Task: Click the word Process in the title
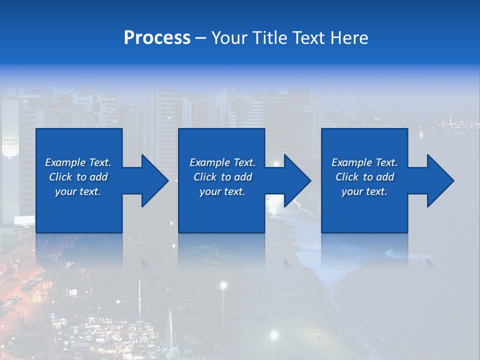(x=157, y=38)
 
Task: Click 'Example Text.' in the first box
(x=78, y=162)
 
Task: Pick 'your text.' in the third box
(x=364, y=191)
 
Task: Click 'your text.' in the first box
(x=78, y=191)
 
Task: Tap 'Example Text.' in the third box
(x=364, y=162)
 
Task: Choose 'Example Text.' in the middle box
(x=222, y=162)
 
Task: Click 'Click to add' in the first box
(x=78, y=177)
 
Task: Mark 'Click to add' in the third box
(x=364, y=177)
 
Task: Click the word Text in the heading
(x=309, y=38)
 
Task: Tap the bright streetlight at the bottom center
(x=273, y=335)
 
